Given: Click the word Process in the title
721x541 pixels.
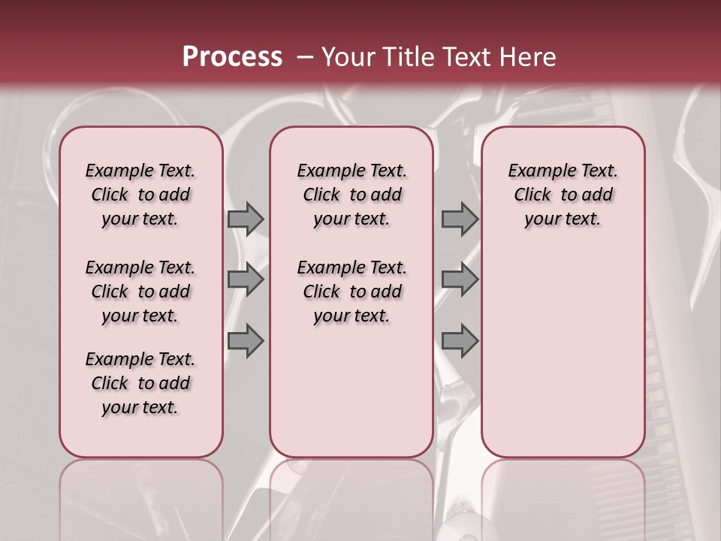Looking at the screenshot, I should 232,57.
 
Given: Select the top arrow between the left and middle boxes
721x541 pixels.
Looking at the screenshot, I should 246,219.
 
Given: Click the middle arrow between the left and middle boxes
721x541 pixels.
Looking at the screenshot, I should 246,280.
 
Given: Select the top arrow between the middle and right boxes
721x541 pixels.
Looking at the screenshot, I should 460,219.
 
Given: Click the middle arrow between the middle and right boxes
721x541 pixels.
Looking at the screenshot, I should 460,280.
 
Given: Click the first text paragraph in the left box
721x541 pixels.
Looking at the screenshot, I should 140,195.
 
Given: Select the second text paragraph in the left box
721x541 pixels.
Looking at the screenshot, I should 140,292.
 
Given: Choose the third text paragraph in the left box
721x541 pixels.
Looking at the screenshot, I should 140,383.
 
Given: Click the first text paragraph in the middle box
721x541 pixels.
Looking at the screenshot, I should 352,195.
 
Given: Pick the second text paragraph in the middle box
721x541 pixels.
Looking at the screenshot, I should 352,292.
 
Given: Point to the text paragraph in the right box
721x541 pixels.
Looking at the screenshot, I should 563,195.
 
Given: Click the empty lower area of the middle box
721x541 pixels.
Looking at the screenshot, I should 351,391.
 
